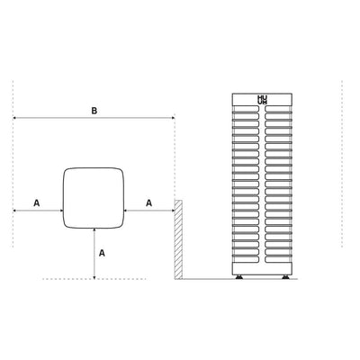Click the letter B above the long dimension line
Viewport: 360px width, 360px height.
(x=94, y=111)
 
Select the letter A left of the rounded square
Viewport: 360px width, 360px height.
(x=36, y=203)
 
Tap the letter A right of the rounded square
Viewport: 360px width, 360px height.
(x=148, y=203)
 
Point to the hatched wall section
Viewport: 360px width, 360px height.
(x=178, y=238)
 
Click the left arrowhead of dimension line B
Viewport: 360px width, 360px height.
(x=16, y=119)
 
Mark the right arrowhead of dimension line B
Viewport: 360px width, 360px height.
(x=172, y=119)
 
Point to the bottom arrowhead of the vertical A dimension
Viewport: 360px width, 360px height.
(x=94, y=276)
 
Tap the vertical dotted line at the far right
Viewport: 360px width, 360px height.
(x=343, y=162)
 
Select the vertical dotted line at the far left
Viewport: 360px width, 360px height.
(x=13, y=162)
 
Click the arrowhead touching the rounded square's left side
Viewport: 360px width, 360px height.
(x=59, y=211)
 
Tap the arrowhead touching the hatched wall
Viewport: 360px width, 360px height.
(x=172, y=211)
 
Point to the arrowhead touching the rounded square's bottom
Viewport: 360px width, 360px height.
(x=94, y=229)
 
